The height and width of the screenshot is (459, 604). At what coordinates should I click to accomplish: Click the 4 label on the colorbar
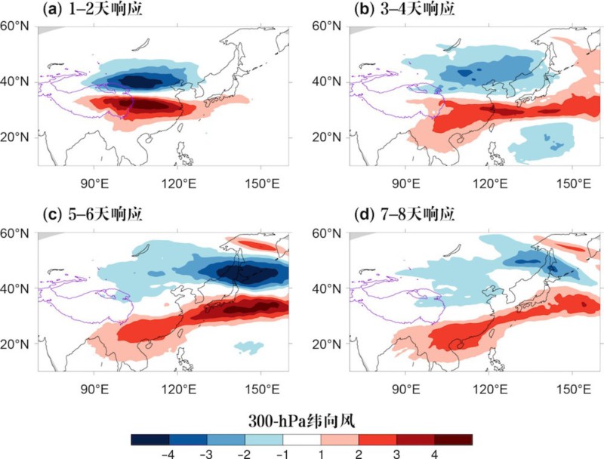point(435,452)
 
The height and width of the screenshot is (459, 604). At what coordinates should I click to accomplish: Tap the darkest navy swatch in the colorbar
point(149,439)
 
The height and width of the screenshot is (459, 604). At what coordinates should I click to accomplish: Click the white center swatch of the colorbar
point(301,439)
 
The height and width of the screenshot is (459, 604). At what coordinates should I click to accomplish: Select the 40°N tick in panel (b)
point(330,82)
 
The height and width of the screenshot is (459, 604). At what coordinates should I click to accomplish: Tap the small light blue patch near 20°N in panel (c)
point(248,347)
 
